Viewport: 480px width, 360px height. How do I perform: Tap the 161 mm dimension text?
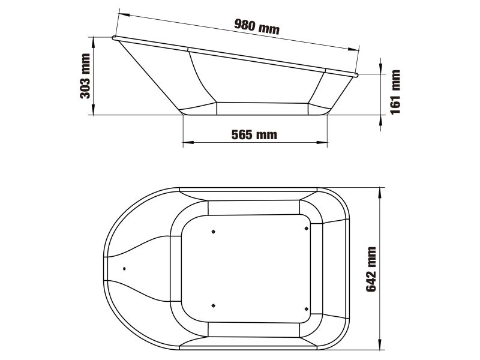coord(395,91)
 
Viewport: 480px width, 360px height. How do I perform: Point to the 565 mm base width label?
coord(254,134)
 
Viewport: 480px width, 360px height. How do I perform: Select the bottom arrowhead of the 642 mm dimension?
coord(381,346)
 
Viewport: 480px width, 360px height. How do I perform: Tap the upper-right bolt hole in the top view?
coord(307,228)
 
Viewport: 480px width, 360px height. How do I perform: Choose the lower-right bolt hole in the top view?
coord(307,308)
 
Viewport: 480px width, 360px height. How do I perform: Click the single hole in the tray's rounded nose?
coord(124,268)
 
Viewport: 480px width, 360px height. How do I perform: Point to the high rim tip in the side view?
coord(113,38)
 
